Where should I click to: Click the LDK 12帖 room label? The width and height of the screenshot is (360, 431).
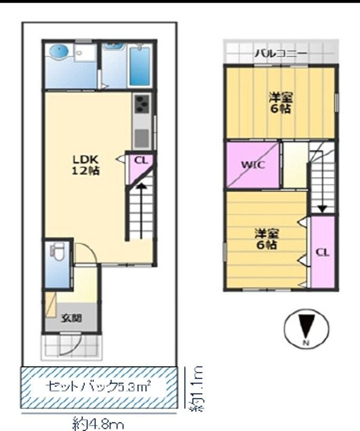[86, 165]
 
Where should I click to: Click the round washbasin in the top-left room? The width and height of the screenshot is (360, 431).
[59, 52]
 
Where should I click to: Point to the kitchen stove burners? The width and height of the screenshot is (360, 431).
[142, 104]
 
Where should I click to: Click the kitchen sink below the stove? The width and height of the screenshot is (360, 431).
[142, 138]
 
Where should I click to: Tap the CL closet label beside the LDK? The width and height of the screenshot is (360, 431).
[141, 161]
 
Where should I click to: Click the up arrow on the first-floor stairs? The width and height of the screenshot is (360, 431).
[141, 210]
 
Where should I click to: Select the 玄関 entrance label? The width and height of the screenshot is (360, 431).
[72, 318]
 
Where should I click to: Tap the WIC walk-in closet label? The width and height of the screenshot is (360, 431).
[253, 164]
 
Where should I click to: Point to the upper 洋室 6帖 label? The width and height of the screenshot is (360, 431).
[281, 103]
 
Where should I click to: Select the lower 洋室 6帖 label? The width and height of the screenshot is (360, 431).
[267, 239]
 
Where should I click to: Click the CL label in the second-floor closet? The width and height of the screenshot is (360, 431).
[323, 252]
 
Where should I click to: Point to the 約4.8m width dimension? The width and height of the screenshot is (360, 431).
[98, 424]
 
